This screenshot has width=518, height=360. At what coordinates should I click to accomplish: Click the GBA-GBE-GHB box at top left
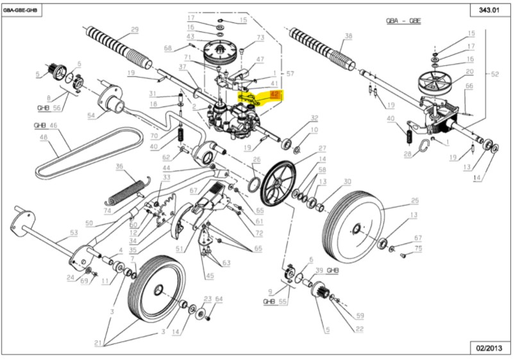coord(22,11)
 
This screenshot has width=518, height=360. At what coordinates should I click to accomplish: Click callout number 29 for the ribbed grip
coord(135,29)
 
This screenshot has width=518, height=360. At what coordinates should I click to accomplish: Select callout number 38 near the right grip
coord(348,36)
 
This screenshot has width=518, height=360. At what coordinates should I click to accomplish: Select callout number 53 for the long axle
coord(73,233)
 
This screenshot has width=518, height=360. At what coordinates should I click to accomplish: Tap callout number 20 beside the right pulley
coord(469,72)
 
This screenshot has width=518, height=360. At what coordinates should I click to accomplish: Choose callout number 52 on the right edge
coord(494,74)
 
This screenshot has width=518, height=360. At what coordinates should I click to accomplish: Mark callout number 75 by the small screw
coord(417,248)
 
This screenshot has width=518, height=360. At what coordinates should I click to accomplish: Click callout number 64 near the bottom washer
coord(218,299)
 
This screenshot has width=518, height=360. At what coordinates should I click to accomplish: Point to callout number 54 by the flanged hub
coord(91,115)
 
